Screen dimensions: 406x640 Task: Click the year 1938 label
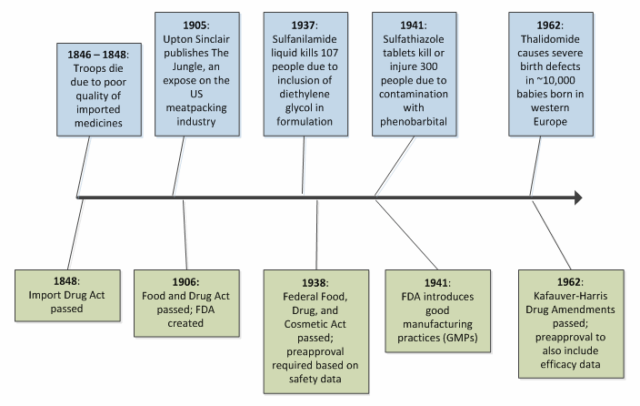314,281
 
